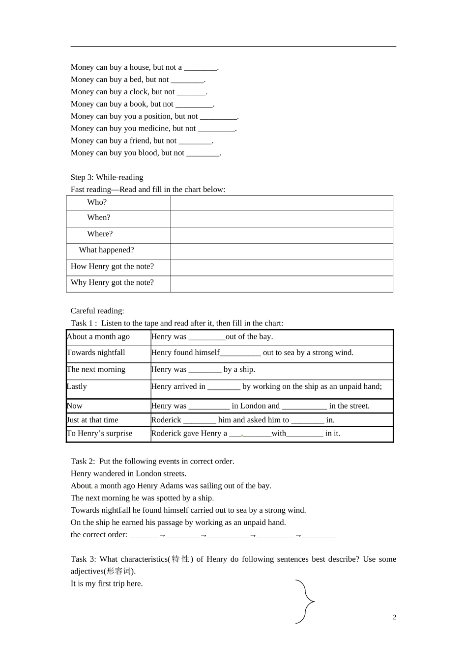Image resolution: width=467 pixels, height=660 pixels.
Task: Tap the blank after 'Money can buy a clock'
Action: [191, 92]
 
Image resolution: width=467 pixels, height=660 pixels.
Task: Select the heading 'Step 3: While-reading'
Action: [107, 177]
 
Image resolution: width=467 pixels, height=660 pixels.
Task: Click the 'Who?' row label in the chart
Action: [97, 202]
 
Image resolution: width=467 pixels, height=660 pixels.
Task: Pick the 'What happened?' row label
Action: [106, 250]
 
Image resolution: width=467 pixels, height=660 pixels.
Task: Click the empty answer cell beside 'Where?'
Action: [281, 235]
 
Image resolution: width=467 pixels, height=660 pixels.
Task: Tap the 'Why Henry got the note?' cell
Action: [112, 282]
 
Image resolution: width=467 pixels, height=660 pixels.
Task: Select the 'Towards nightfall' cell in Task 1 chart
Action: [96, 353]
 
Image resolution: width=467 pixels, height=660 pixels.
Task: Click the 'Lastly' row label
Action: [77, 386]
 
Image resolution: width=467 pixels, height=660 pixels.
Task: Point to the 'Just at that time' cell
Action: [93, 420]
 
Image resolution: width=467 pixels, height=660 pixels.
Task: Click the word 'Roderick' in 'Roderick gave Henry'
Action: [166, 433]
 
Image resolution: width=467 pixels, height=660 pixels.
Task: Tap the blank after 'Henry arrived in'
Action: [224, 387]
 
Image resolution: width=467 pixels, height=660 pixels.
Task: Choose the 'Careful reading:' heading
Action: [97, 311]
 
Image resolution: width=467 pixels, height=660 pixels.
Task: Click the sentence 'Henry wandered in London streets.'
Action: [128, 474]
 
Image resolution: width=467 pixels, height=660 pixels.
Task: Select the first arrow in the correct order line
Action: [162, 535]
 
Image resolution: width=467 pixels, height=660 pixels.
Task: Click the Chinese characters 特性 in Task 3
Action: [180, 559]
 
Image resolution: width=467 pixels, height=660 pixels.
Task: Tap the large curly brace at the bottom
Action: [306, 602]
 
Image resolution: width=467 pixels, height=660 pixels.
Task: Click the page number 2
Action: [394, 617]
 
